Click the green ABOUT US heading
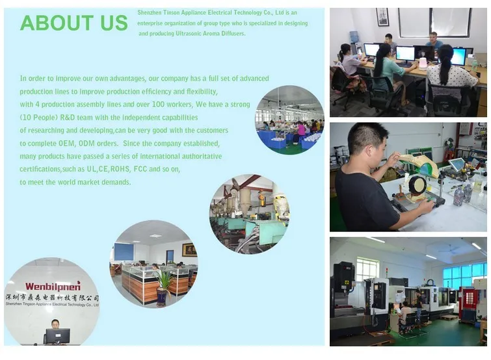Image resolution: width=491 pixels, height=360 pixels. [74, 23]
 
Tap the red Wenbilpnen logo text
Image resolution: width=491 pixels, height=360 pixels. [53, 286]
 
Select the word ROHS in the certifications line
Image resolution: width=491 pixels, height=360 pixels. [120, 169]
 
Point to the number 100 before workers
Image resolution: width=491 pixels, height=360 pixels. [158, 104]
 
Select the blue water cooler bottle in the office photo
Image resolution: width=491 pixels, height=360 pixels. [354, 36]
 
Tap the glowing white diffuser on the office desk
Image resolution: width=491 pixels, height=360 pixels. [423, 61]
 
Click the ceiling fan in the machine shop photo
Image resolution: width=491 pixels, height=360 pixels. [449, 249]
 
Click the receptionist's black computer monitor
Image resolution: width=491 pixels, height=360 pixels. [58, 336]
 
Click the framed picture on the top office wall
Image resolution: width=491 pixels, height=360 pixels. [382, 17]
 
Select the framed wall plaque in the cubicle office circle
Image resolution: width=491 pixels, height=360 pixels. [189, 250]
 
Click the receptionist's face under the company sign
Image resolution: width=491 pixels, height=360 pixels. [55, 324]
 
